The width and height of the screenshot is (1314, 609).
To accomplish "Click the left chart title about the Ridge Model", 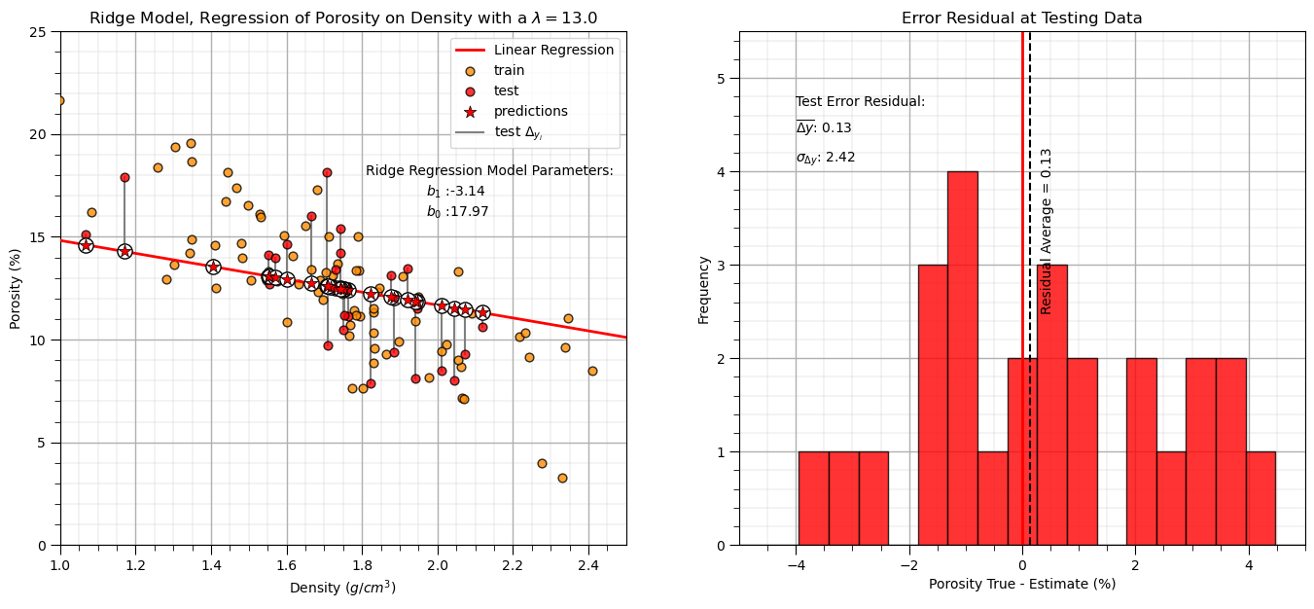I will point(343,18).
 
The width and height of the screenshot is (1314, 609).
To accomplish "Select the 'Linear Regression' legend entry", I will point(553,50).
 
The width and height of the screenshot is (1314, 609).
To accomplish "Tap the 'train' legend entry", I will point(509,70).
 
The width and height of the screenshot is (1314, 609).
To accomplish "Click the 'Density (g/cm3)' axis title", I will point(342,588).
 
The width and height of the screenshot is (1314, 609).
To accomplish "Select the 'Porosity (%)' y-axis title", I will point(16,288).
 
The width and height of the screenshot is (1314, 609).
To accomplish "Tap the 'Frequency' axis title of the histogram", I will point(704,289).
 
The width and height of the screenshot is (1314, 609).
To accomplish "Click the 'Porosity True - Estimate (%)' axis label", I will point(1022,584).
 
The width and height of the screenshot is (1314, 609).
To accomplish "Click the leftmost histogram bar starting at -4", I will point(813,498).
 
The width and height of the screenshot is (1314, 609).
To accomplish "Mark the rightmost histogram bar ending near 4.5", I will point(1261,498).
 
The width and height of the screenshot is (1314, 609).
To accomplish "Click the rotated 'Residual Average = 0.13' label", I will point(1047,232).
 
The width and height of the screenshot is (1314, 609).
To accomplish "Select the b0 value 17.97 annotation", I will point(457,211).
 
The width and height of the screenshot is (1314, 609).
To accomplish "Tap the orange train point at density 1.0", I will point(59,100).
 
